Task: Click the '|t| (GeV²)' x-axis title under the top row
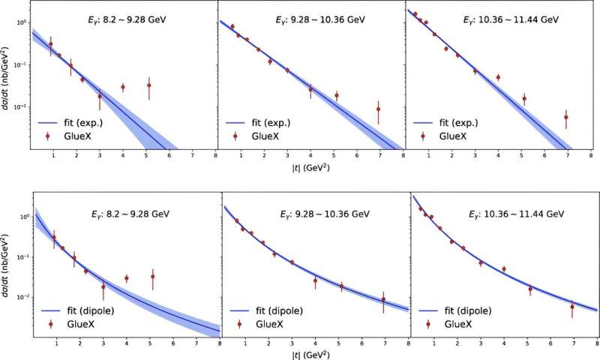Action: (x=311, y=167)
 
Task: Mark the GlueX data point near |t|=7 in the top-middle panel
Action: (x=379, y=109)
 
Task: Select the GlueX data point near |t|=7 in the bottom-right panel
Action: (x=571, y=306)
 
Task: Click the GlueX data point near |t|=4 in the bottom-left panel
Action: (x=127, y=278)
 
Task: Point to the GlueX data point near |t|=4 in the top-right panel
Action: (x=498, y=77)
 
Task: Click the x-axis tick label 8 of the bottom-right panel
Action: (x=595, y=345)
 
